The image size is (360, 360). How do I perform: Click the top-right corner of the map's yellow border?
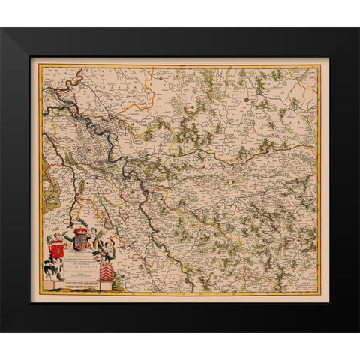point(321,65)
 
